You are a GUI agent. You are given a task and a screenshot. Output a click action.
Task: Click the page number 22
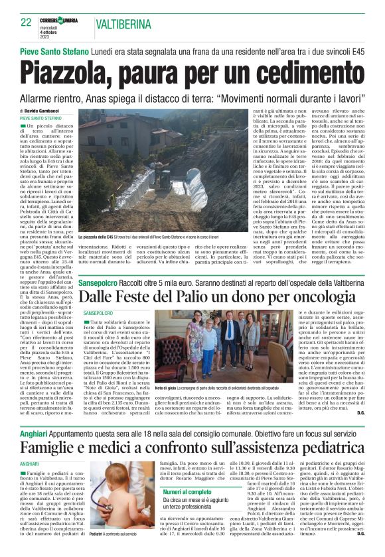pos(26,23)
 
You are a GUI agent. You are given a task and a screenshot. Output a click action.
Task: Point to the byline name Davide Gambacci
pos(44,111)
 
